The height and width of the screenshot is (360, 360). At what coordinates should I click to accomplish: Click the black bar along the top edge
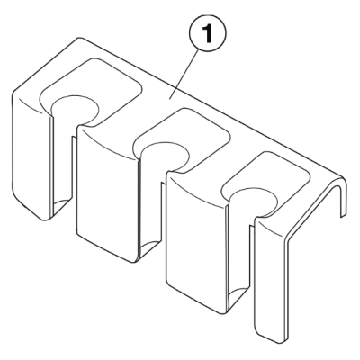click(x=180, y=6)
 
